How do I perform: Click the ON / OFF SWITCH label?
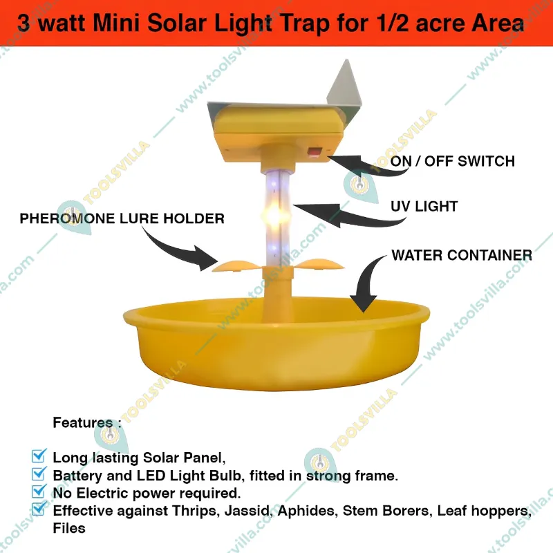pyautogui.click(x=453, y=162)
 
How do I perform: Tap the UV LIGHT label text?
pyautogui.click(x=424, y=206)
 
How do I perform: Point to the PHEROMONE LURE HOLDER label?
pyautogui.click(x=122, y=219)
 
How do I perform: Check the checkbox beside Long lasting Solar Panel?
pyautogui.click(x=39, y=456)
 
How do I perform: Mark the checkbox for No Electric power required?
pyautogui.click(x=39, y=493)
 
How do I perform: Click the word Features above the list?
pyautogui.click(x=82, y=423)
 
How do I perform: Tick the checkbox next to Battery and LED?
pyautogui.click(x=39, y=475)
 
